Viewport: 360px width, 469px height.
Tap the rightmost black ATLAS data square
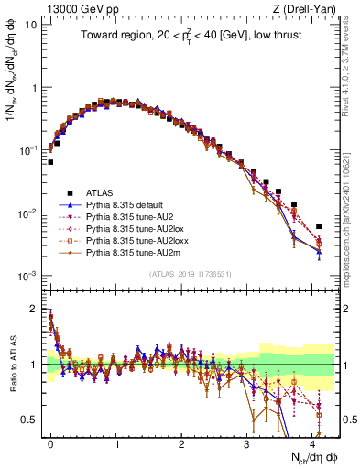318,226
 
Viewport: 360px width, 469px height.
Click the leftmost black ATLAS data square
50,162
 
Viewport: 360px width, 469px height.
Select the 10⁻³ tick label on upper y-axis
28,276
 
